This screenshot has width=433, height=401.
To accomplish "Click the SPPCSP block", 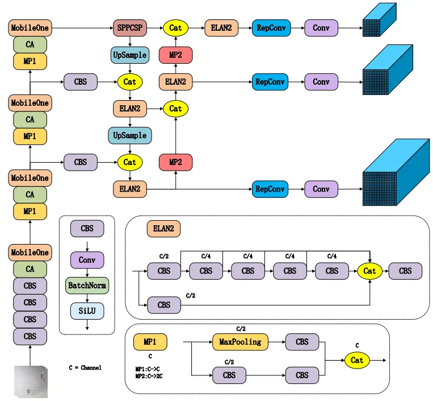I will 130,27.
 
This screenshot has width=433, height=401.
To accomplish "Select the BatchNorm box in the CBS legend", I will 87,285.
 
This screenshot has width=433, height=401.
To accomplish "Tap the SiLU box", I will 87,311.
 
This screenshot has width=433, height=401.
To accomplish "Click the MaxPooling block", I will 240,342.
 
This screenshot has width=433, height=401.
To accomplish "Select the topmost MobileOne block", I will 30,27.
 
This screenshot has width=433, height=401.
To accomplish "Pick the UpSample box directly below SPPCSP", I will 130,55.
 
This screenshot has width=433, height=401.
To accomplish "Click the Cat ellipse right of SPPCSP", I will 175,27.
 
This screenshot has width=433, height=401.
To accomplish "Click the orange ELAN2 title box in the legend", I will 164,229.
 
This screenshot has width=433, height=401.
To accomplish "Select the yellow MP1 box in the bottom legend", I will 150,342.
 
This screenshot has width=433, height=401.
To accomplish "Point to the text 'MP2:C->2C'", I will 152,376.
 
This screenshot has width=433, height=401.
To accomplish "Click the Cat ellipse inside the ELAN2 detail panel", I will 370,271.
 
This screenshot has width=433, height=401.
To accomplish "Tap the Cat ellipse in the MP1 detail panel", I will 357,360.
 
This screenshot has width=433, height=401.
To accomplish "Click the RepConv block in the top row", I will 270,27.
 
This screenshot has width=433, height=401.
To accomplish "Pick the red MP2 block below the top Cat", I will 175,55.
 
